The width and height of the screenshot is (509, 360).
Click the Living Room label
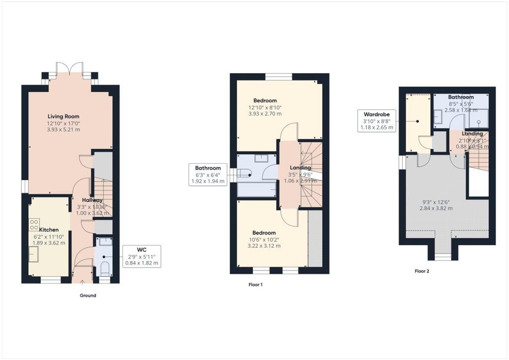(64, 116)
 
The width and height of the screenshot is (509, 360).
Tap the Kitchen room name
(49, 230)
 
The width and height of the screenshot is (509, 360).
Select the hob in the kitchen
(34, 224)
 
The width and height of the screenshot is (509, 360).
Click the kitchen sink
(34, 254)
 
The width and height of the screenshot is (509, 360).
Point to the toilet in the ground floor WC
(104, 270)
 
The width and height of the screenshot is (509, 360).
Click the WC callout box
(141, 256)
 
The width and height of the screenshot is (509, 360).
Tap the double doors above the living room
(69, 69)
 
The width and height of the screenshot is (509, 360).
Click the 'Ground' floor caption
(88, 295)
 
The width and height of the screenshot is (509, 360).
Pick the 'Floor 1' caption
(255, 285)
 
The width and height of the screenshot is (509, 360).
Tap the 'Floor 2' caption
(422, 271)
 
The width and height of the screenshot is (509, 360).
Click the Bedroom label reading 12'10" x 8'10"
(265, 100)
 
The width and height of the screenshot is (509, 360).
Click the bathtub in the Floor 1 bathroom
(257, 189)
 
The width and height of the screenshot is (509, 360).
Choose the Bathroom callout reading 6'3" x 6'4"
(208, 175)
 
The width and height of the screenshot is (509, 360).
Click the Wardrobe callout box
(376, 121)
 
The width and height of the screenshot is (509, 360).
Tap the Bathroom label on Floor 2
(461, 97)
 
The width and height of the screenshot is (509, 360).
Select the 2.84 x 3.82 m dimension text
(435, 208)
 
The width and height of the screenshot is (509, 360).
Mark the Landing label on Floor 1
(300, 168)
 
